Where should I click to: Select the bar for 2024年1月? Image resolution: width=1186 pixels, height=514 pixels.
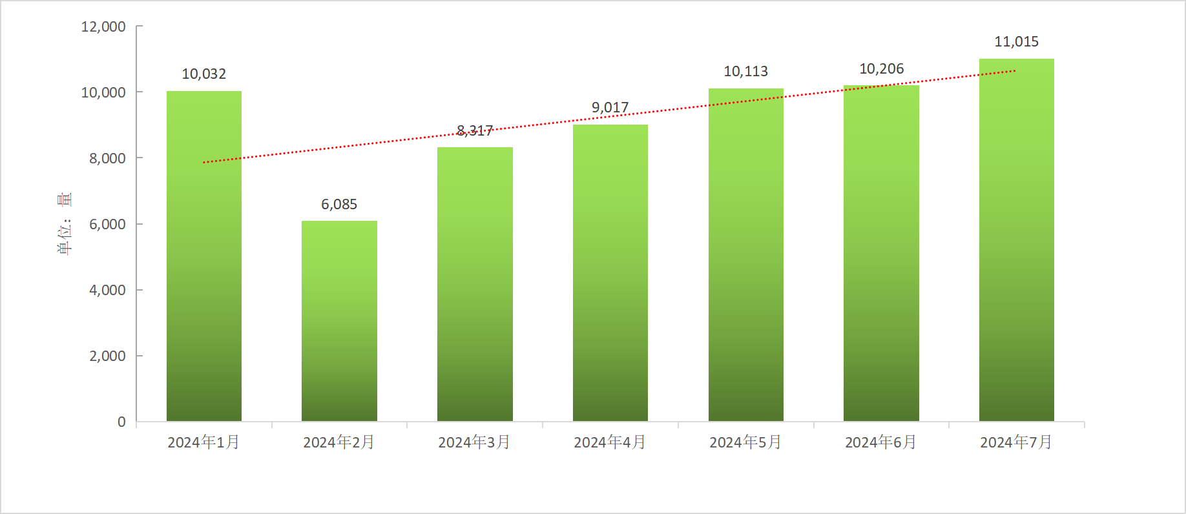pyautogui.click(x=204, y=258)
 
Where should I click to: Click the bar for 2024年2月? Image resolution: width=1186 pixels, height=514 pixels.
pyautogui.click(x=339, y=323)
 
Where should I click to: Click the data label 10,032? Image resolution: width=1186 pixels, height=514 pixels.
pyautogui.click(x=204, y=74)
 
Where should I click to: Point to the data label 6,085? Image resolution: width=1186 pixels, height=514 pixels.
pyautogui.click(x=339, y=205)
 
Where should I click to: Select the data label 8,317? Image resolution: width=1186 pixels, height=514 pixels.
pyautogui.click(x=475, y=131)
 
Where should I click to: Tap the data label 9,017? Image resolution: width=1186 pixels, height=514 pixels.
pyautogui.click(x=610, y=108)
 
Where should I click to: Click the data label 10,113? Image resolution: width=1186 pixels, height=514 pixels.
pyautogui.click(x=746, y=72)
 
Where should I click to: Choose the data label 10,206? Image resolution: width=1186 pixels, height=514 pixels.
pyautogui.click(x=882, y=69)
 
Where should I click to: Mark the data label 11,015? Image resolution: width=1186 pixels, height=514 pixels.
pyautogui.click(x=1016, y=42)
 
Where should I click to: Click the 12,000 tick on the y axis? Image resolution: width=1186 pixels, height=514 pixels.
pyautogui.click(x=103, y=27)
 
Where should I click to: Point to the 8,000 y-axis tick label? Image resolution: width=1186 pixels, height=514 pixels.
pyautogui.click(x=107, y=159)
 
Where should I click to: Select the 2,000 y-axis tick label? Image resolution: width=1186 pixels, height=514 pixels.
pyautogui.click(x=107, y=356)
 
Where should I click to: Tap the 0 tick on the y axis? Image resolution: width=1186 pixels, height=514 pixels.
pyautogui.click(x=121, y=422)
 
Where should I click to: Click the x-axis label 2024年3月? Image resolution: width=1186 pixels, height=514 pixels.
pyautogui.click(x=475, y=442)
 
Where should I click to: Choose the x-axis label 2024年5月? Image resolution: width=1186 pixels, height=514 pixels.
pyautogui.click(x=746, y=442)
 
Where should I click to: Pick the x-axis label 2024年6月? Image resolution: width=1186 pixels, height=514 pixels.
pyautogui.click(x=881, y=442)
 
